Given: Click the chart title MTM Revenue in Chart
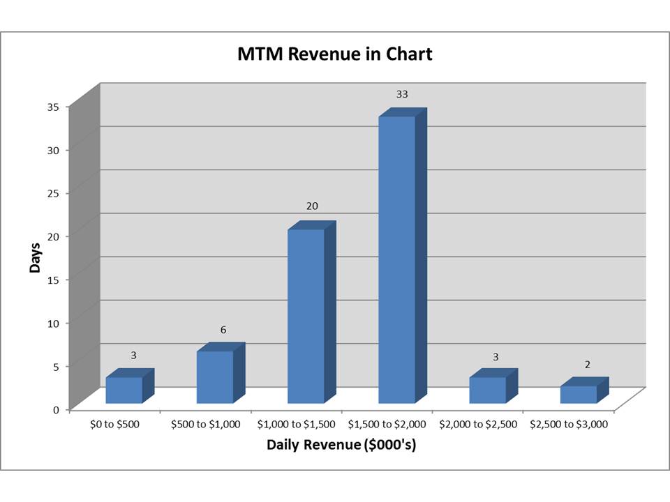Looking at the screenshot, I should pos(335,54).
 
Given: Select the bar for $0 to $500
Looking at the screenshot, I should pos(124,390).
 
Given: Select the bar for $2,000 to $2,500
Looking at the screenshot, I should pos(487,390).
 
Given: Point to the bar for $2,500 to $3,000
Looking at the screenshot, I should pos(578,394).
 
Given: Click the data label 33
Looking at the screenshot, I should pos(402,93).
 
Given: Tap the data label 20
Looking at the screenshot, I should pos(311,206).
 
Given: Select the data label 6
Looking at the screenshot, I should pos(223,329).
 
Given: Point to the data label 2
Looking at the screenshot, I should pos(588,364).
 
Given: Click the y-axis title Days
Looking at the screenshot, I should pos(35,258).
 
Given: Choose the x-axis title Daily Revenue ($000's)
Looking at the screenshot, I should pos(341,445).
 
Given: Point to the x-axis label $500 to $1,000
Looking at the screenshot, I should pos(206,424).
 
